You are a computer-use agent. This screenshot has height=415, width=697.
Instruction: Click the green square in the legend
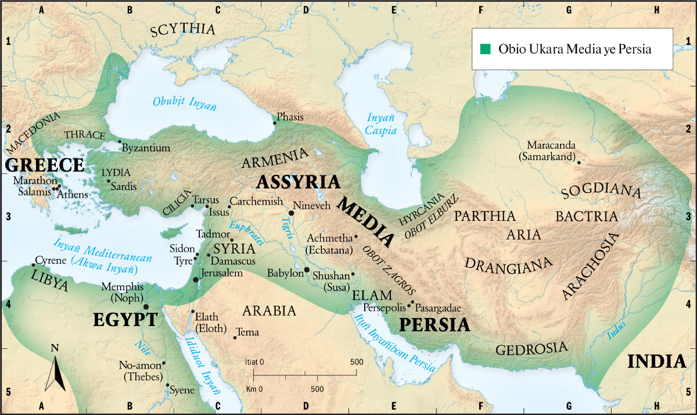coord(485,49)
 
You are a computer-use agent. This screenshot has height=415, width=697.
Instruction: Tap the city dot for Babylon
coord(307,270)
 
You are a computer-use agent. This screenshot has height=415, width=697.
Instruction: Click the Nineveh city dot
coord(291,213)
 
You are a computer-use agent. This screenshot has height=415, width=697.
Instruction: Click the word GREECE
coord(45,165)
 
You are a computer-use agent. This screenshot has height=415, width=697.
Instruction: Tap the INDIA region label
coord(656,362)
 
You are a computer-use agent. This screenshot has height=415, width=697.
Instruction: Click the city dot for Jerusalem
coord(196,280)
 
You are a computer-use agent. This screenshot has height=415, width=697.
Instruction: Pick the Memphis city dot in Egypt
coord(146,306)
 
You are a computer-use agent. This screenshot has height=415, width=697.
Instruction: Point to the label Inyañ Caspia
coord(380,124)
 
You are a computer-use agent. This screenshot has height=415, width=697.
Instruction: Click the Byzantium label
coord(146,148)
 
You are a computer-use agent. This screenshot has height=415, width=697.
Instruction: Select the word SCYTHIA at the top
coord(182,31)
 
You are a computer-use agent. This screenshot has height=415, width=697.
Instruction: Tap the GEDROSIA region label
coord(531,349)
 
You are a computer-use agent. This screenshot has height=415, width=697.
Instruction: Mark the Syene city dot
coord(167,385)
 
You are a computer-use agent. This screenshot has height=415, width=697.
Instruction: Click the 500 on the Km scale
coord(317,388)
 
